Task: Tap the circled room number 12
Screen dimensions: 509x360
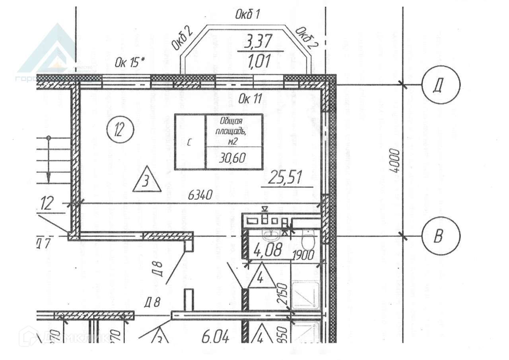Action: pyautogui.click(x=120, y=130)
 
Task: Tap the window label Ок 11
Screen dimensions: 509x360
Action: pyautogui.click(x=250, y=99)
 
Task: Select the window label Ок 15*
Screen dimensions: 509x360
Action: pyautogui.click(x=130, y=62)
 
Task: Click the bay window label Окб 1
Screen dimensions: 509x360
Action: pyautogui.click(x=247, y=15)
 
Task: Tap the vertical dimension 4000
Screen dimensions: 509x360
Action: pyautogui.click(x=394, y=161)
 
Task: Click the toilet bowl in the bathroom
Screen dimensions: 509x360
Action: pyautogui.click(x=308, y=240)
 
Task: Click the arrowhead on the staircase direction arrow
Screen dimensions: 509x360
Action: pyautogui.click(x=48, y=175)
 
